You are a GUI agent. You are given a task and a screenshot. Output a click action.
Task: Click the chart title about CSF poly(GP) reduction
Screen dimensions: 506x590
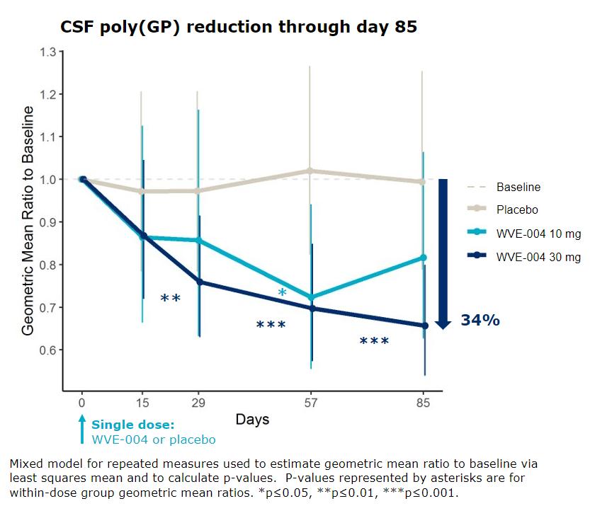coord(238,27)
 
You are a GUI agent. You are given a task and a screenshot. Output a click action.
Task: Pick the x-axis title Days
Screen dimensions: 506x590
coord(252,420)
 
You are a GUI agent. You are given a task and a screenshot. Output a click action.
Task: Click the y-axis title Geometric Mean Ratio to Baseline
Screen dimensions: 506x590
coord(28,220)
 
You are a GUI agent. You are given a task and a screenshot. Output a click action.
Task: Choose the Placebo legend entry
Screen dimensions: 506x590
coord(517,209)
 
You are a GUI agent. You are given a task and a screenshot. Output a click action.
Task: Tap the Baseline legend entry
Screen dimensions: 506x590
coord(518,187)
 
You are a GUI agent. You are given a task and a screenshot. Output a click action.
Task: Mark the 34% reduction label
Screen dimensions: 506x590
coord(480,321)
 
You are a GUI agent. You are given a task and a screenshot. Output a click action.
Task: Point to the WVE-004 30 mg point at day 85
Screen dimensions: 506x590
coord(424,326)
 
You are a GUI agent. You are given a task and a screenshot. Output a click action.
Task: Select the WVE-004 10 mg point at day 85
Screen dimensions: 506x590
coord(424,257)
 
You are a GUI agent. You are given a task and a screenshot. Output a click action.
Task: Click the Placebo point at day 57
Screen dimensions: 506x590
coord(310,171)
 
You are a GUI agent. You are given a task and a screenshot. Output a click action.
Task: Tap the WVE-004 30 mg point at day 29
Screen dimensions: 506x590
coord(198,282)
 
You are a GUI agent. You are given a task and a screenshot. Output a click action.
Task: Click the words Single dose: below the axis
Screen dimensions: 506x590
coord(132,425)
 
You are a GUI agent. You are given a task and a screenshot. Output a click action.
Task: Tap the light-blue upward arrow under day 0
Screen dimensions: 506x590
coord(82,429)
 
